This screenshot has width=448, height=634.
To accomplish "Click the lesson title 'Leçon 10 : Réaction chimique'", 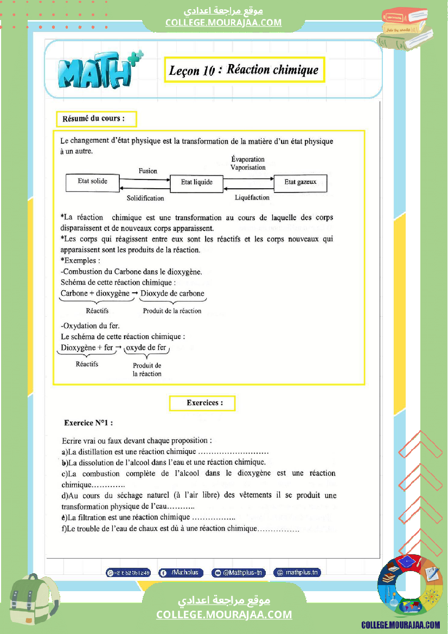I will (x=244, y=70).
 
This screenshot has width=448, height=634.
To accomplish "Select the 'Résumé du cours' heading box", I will (x=96, y=118).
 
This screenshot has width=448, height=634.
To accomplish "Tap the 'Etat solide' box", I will (x=92, y=182).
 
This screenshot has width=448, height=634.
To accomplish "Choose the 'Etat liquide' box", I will (x=197, y=183).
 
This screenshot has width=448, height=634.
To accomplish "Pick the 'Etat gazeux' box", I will (x=300, y=182).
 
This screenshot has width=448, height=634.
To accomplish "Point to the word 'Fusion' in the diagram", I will (x=148, y=171).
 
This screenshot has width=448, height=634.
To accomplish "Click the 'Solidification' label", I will (x=145, y=198).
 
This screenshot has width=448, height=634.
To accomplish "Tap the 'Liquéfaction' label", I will (x=252, y=198).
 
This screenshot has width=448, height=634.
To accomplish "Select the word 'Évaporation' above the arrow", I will (x=248, y=159).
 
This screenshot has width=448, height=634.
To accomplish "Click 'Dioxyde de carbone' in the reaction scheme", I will (x=172, y=293).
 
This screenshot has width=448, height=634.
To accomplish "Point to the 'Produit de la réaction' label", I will (x=172, y=311).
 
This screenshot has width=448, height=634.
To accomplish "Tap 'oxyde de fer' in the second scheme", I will (x=146, y=348).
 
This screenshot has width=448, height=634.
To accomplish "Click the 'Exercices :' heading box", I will (x=202, y=403).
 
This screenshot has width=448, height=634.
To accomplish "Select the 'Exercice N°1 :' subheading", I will (x=88, y=422).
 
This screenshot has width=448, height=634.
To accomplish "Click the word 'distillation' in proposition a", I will (x=95, y=452).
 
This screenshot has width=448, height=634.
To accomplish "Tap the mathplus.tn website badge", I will (x=297, y=572).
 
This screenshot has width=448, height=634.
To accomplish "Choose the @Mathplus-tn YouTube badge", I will (x=238, y=572).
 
